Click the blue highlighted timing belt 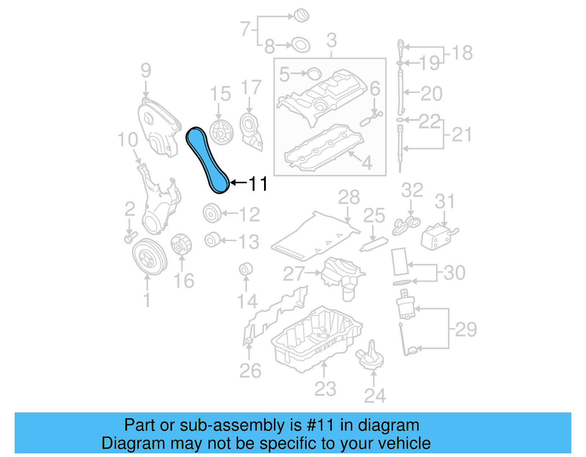click(207, 159)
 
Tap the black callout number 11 click(258, 184)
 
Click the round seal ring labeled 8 click(301, 45)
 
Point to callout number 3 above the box click(331, 40)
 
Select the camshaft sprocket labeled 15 click(221, 132)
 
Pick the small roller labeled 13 click(212, 240)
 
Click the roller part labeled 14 click(246, 270)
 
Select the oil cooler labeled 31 click(437, 237)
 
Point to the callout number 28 click(349, 198)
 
